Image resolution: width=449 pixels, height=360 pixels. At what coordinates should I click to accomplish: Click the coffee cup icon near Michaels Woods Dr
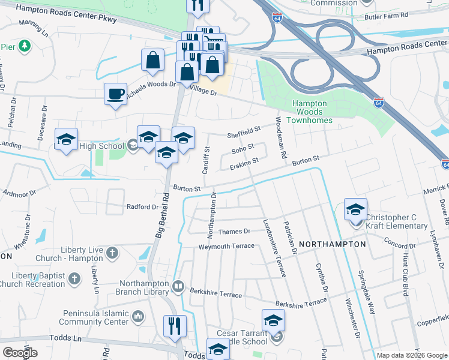(x=115, y=94)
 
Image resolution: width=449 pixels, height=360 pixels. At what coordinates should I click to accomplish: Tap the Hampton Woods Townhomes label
(x=310, y=108)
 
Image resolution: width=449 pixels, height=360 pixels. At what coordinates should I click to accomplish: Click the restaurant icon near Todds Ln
(x=175, y=326)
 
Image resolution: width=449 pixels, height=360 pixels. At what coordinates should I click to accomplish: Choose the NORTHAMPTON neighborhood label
(x=331, y=244)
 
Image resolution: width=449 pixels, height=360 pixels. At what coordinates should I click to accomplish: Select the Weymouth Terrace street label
(x=228, y=246)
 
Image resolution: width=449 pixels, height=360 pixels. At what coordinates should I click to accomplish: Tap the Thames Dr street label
(x=234, y=231)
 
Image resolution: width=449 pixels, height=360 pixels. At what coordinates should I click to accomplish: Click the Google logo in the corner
(x=20, y=353)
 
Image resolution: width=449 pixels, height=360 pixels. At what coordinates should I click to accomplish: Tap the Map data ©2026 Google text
(x=411, y=355)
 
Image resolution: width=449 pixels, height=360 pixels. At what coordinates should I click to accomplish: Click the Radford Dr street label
(x=142, y=206)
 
